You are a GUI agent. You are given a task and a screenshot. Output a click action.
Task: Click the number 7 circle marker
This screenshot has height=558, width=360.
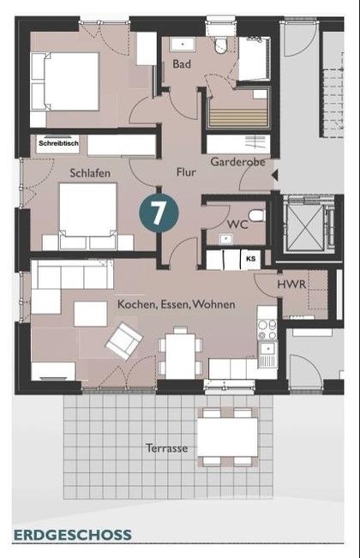[x=159, y=213]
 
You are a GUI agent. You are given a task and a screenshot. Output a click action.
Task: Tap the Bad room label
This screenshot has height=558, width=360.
[x=182, y=64]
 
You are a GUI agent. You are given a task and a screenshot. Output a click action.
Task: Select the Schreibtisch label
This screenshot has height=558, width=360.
[x=58, y=143]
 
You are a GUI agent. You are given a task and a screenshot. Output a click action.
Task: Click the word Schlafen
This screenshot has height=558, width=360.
[x=90, y=173]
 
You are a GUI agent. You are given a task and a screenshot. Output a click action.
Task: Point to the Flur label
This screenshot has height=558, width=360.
[x=186, y=172]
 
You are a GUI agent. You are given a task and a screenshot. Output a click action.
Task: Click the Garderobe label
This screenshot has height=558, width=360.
[x=238, y=162]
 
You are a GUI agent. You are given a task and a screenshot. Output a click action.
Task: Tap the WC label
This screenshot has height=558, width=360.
[x=237, y=225]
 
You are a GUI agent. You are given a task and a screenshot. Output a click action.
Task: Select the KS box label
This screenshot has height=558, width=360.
[x=251, y=259]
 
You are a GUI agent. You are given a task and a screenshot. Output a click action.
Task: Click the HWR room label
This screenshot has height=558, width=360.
[x=291, y=285]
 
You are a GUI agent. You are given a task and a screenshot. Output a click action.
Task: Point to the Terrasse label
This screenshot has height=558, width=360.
[x=167, y=448]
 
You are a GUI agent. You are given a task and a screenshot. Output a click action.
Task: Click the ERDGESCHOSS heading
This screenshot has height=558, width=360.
[x=73, y=535]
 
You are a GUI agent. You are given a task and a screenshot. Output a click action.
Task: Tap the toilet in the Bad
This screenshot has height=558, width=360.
[x=220, y=45]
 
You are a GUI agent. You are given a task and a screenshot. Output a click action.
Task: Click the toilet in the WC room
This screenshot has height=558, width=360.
[x=256, y=216]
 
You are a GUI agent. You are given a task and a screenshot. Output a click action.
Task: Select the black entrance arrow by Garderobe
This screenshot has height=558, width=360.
[x=274, y=175]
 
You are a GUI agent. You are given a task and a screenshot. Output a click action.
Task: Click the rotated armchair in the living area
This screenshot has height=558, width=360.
[x=124, y=341]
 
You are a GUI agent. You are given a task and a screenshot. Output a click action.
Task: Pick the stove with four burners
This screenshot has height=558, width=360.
[x=267, y=330]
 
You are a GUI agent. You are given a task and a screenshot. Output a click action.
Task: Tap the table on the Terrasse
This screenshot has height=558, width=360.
[x=228, y=437]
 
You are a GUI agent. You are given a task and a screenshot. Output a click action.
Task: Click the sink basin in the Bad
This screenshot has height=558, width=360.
[x=183, y=45]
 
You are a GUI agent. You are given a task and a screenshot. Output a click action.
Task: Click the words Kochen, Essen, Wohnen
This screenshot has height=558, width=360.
[x=176, y=304]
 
